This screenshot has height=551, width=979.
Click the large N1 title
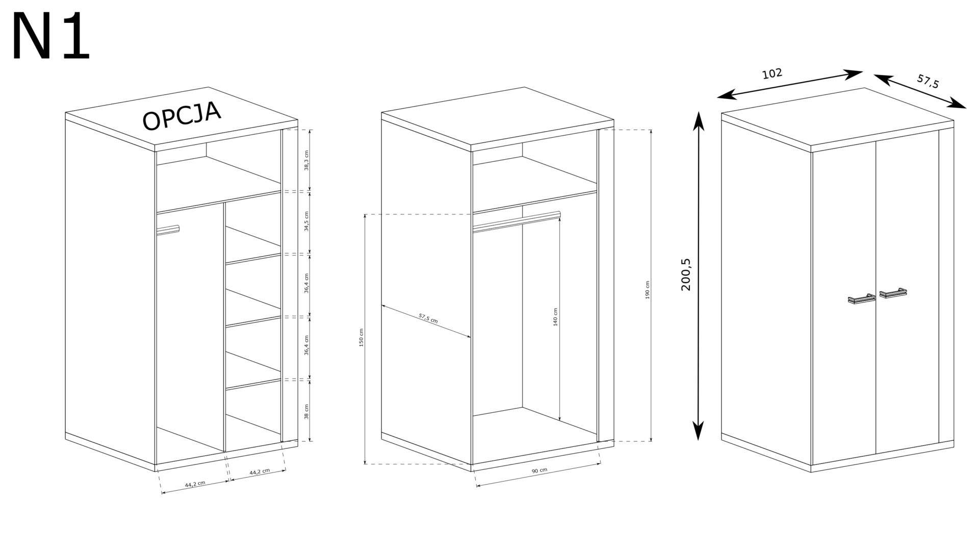pos(51,37)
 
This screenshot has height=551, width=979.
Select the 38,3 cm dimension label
pos(306,161)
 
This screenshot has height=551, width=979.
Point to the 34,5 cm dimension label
pos(306,221)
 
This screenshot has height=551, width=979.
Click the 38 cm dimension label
pos(306,411)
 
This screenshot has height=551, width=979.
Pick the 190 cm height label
pos(648,290)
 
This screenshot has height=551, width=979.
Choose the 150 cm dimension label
pos(362,337)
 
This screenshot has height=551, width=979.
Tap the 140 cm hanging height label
pos(555,317)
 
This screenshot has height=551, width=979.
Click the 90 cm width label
pos(539,470)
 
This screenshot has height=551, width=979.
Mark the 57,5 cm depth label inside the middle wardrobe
pos(428,318)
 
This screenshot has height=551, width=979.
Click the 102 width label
pos(772,74)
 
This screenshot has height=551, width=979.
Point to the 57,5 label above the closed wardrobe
pos(928,81)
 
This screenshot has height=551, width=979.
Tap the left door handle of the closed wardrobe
pos(861,299)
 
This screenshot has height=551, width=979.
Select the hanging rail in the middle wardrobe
pos(517,221)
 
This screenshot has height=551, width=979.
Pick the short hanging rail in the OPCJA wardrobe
pos(168,230)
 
